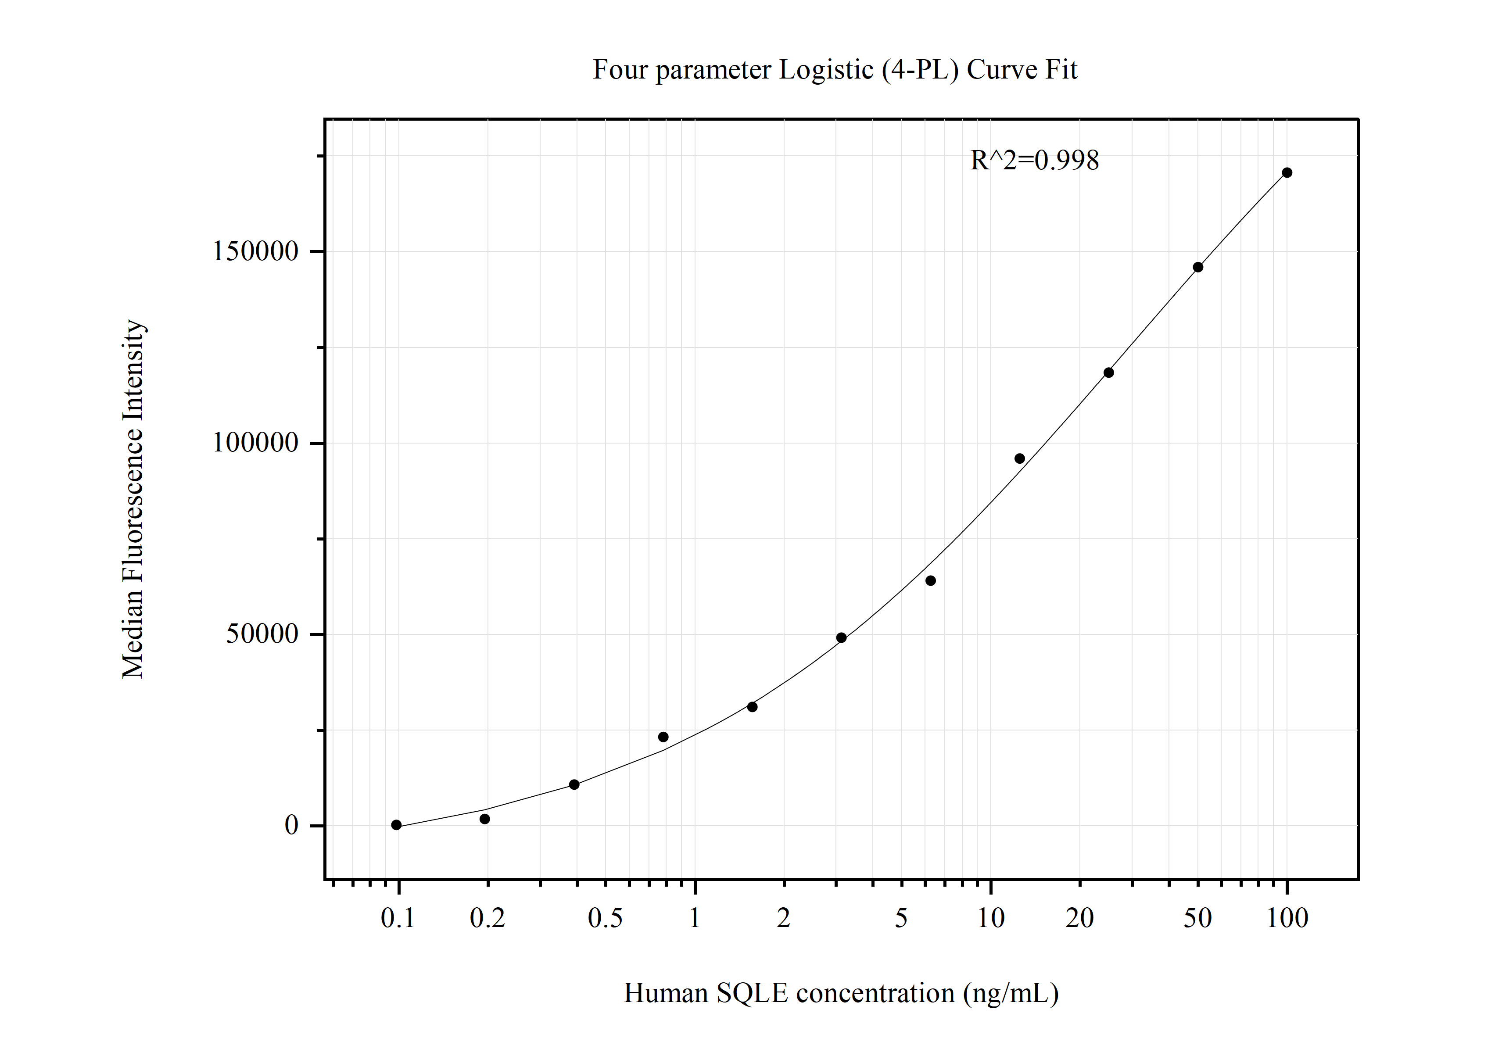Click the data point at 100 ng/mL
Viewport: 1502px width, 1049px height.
coord(1287,173)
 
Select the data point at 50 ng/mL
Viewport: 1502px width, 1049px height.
coord(1198,267)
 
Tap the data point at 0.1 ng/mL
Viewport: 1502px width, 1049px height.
coord(396,825)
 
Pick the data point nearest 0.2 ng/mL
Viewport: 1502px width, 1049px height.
coord(485,819)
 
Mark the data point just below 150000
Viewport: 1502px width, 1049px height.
coord(1198,267)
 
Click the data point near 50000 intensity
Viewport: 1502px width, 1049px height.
coord(841,637)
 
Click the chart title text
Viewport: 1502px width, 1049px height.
coord(835,69)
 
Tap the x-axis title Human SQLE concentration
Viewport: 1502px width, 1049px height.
coord(841,993)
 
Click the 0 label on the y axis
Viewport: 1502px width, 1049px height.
coord(292,825)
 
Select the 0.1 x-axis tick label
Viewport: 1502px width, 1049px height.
coord(398,918)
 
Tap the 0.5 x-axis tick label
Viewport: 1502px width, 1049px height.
coord(605,918)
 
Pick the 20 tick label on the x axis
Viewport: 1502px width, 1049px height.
coord(1079,918)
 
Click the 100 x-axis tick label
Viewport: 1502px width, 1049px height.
coord(1287,918)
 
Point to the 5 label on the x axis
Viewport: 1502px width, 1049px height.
coord(901,918)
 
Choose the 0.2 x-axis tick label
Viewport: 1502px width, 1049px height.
coord(488,918)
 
